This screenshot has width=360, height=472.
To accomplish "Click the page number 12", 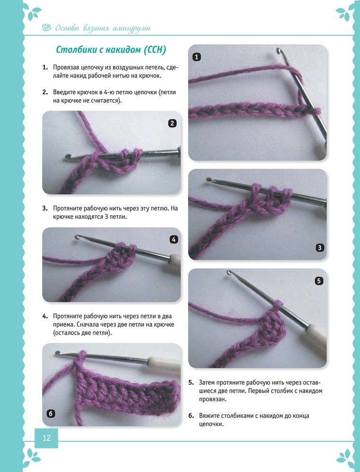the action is click(x=46, y=438).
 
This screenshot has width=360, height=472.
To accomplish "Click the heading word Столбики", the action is click(x=77, y=50).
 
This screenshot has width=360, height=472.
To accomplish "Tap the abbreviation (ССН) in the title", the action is click(x=155, y=50).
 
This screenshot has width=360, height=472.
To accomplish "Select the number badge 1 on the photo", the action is click(x=197, y=57).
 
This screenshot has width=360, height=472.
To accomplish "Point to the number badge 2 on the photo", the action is click(x=172, y=123).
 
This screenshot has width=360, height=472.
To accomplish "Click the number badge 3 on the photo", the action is click(x=319, y=248).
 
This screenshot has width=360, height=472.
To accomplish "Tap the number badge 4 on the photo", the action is click(x=174, y=240).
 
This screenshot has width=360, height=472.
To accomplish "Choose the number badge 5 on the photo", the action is click(x=319, y=281).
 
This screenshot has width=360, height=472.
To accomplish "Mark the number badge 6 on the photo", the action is click(x=51, y=414).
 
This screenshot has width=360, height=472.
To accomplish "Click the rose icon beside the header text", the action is click(x=47, y=28).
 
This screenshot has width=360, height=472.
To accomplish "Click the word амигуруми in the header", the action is click(x=131, y=29).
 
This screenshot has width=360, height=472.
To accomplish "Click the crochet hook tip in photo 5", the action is click(x=229, y=273).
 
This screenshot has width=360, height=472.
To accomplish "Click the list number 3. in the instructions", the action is click(x=45, y=208).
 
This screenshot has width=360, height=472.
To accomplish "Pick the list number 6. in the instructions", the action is click(x=191, y=416).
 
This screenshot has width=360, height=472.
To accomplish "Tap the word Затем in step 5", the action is click(x=206, y=383).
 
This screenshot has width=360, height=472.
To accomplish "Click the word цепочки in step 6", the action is click(x=211, y=424).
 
